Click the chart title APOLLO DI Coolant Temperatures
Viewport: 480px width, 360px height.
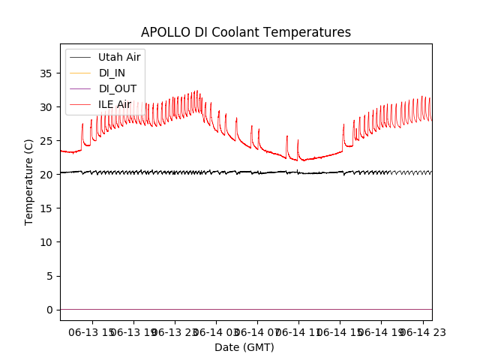(246, 32)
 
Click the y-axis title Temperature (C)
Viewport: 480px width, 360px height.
(29, 181)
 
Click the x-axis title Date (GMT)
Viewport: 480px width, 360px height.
(244, 347)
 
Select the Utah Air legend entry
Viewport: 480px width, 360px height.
(119, 57)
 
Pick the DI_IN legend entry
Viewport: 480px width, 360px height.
(113, 73)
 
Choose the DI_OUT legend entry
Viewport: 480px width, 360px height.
(118, 88)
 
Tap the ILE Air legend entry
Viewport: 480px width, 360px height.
(115, 104)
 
